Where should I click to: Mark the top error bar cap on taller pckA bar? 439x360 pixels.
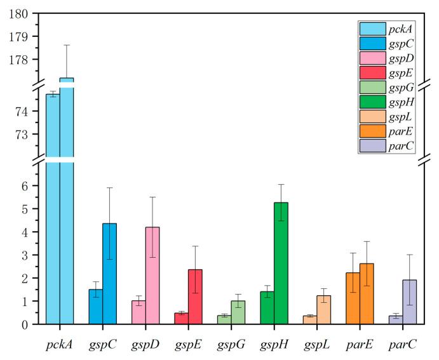(67, 45)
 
